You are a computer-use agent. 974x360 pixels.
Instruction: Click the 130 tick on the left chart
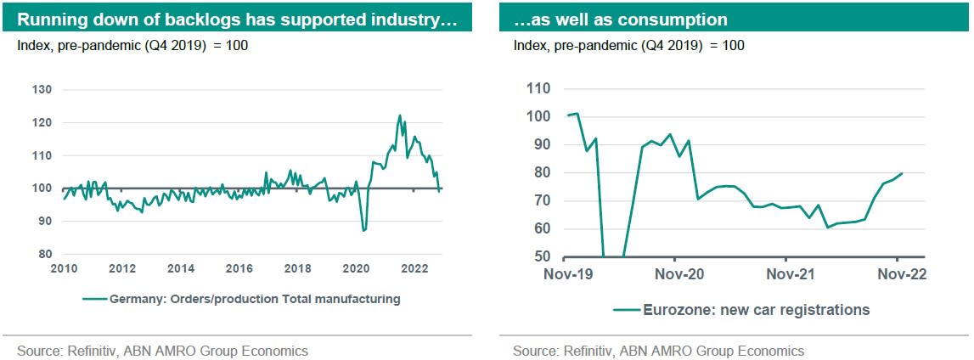click(42, 90)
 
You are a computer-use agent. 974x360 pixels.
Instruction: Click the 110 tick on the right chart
click(539, 88)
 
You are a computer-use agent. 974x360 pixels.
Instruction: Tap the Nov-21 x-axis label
click(787, 275)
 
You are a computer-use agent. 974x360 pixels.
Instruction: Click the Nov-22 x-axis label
click(899, 275)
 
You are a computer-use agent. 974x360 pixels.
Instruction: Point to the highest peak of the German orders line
click(399, 115)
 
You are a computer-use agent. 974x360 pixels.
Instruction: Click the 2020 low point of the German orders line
click(363, 230)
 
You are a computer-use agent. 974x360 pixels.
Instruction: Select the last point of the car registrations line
click(901, 173)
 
